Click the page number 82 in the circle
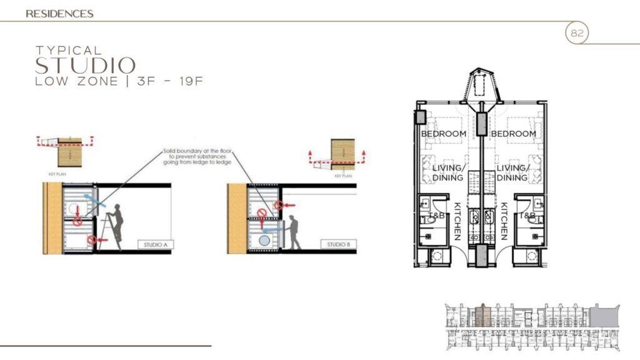click(x=577, y=34)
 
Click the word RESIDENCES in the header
click(x=60, y=13)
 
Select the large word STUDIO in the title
click(x=85, y=66)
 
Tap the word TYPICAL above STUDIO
click(x=68, y=50)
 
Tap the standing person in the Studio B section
click(x=294, y=232)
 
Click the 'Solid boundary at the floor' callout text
click(x=196, y=156)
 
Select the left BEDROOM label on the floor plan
click(x=443, y=134)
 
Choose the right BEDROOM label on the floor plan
click(x=513, y=134)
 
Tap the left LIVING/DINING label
click(x=447, y=172)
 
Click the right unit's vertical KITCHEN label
click(x=504, y=221)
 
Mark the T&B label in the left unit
click(x=436, y=216)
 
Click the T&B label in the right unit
click(x=528, y=216)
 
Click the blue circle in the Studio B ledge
click(x=265, y=239)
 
